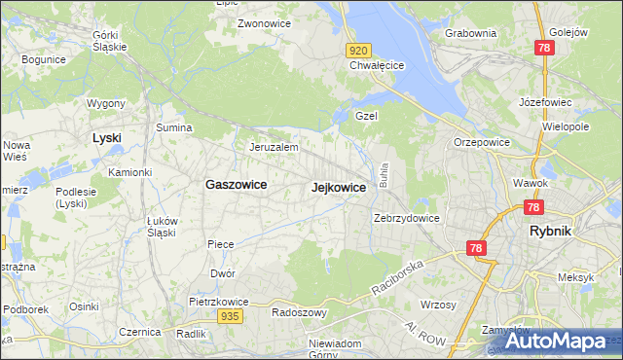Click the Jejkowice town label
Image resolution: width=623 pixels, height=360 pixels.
pos(339,188)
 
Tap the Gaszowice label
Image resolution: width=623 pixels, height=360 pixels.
pos(236,184)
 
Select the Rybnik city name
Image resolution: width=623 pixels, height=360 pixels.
pos(555,232)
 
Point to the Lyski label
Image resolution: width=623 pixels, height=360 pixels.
pos(106,138)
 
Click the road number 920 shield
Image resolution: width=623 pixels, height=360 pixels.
pos(358,50)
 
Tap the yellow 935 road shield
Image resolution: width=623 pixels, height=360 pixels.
pos(230,316)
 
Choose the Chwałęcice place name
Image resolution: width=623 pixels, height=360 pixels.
pos(378,66)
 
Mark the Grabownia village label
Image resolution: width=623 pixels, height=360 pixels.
pos(470,33)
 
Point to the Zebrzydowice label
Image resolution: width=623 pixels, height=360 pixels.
pos(407,218)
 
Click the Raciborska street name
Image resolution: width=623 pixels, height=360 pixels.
pos(400,278)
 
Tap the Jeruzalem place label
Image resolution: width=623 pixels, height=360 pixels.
pos(274,147)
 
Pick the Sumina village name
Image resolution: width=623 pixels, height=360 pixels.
pos(174,127)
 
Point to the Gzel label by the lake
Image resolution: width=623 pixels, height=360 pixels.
pos(366,116)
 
